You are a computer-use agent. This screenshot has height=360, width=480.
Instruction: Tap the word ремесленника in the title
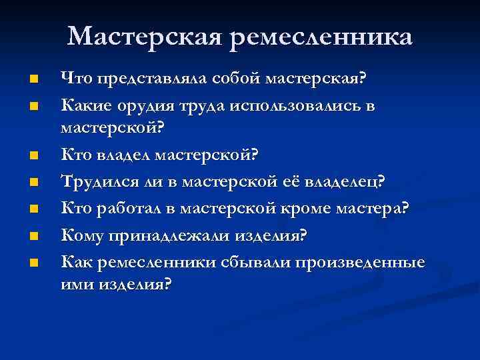pyautogui.click(x=322, y=37)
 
